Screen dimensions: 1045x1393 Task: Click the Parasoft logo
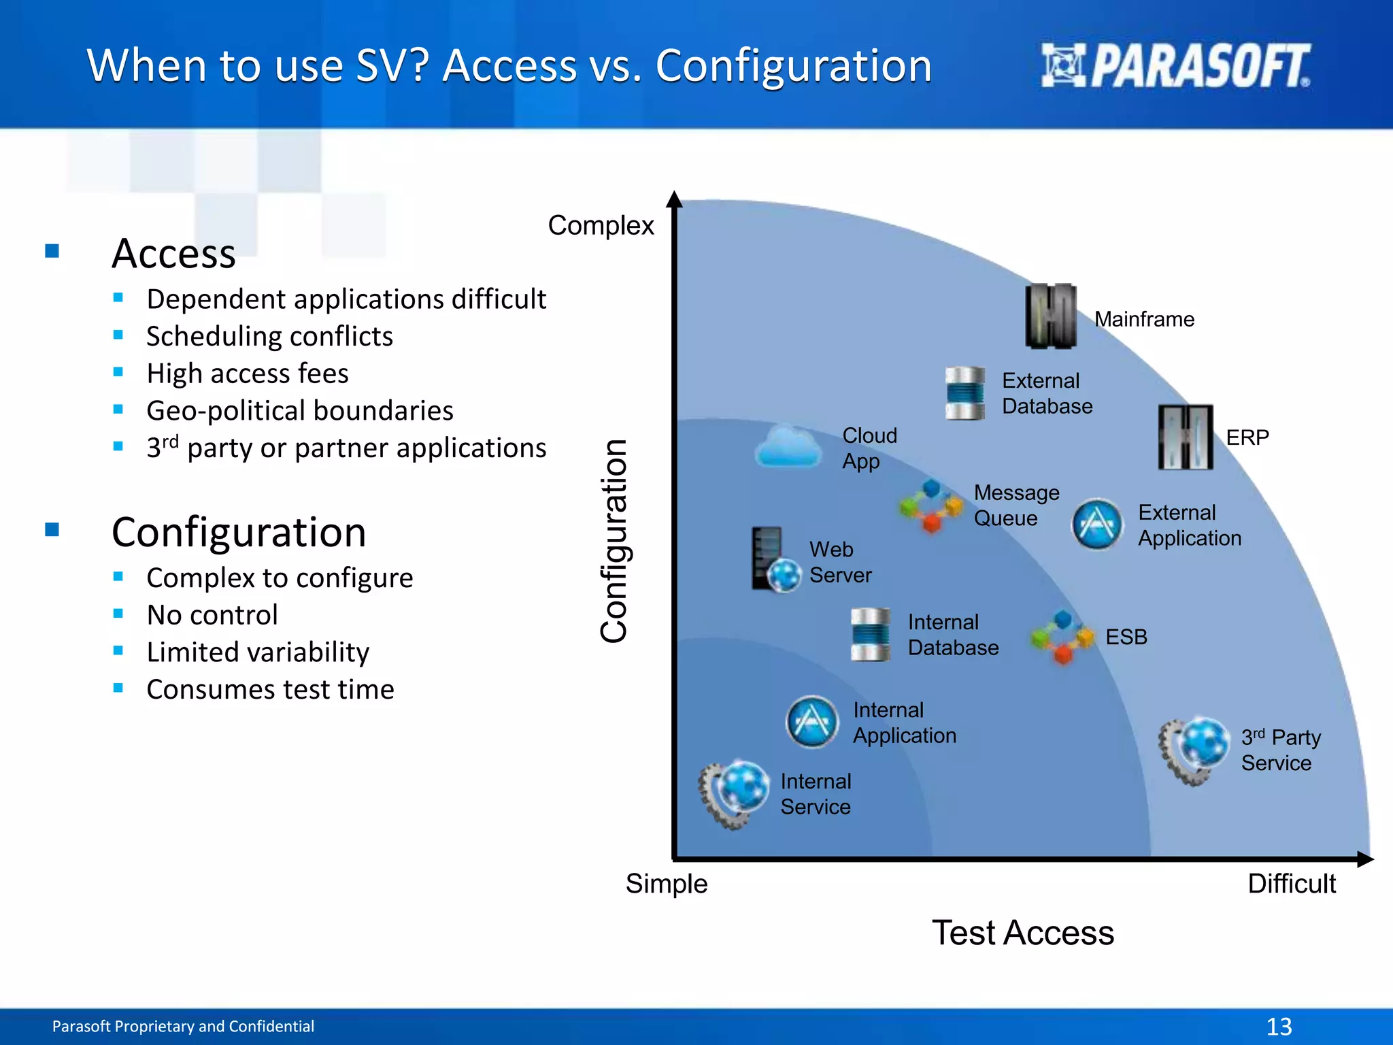(x=1175, y=65)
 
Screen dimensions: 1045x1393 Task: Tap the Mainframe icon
(x=1051, y=316)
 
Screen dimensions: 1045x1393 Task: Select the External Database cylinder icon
(x=964, y=393)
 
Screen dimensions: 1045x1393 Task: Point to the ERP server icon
(x=1186, y=437)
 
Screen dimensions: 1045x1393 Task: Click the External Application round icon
(x=1096, y=525)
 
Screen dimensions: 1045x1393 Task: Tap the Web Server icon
(x=775, y=561)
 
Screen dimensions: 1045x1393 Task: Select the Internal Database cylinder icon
(x=870, y=635)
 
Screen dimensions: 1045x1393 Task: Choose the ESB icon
(x=1062, y=637)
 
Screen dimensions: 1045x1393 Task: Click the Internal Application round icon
(x=811, y=722)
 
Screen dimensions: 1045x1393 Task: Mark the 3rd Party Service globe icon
(x=1196, y=750)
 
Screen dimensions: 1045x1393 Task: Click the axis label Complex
(x=601, y=225)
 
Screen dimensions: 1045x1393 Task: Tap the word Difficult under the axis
(x=1291, y=884)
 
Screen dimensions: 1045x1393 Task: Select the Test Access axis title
(x=1022, y=933)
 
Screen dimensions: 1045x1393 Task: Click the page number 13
(x=1279, y=1026)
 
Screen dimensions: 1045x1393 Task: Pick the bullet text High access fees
(x=248, y=374)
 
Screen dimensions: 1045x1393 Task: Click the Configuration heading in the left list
(x=239, y=532)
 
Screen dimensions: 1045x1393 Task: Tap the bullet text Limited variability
(x=258, y=652)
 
